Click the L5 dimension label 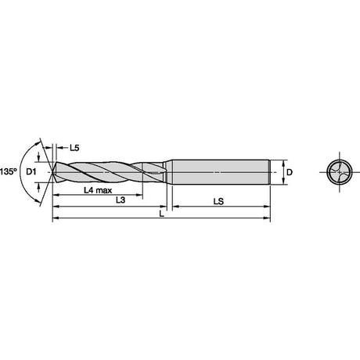pos(74,148)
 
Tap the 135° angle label pos(8,171)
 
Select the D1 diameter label pos(31,171)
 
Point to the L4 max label pos(98,190)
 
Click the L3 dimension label pos(121,200)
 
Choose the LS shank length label pos(218,201)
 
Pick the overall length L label pos(162,214)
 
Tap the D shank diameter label pos(290,172)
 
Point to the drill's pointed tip pos(52,172)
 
